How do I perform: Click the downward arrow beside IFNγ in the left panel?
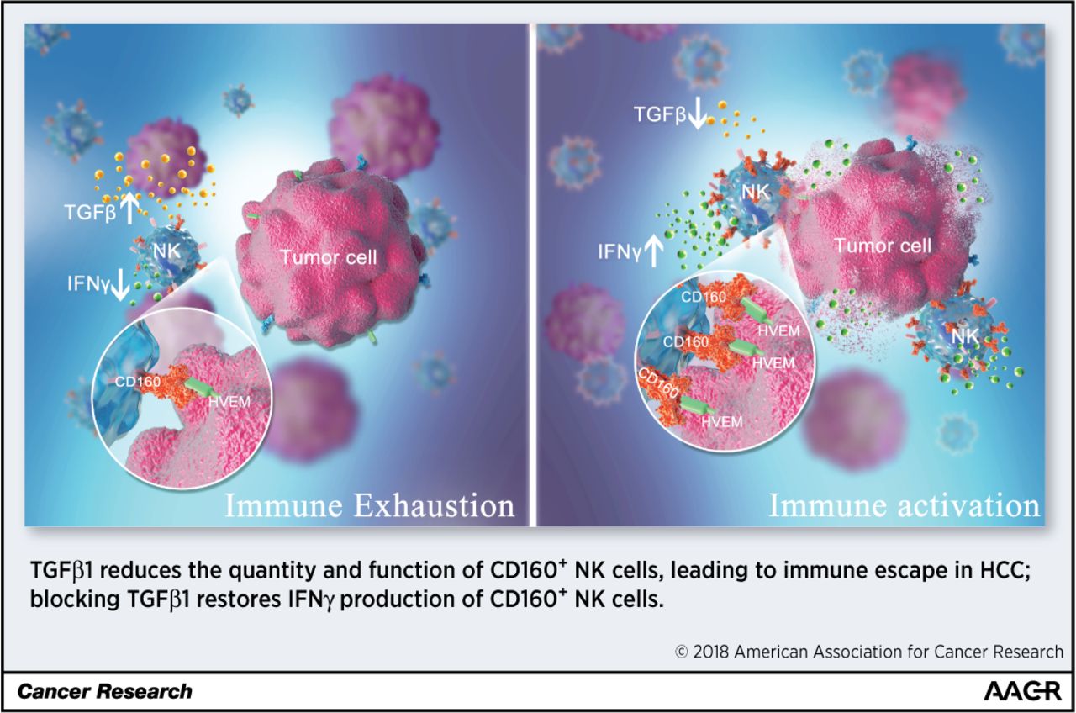click(121, 283)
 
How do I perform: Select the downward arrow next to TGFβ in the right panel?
click(697, 114)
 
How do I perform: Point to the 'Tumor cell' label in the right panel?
click(883, 246)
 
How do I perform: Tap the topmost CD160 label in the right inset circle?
click(703, 295)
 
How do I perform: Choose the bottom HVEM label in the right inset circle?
click(721, 421)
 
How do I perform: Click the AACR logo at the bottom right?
click(1021, 691)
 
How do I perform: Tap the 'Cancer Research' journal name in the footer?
click(104, 692)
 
